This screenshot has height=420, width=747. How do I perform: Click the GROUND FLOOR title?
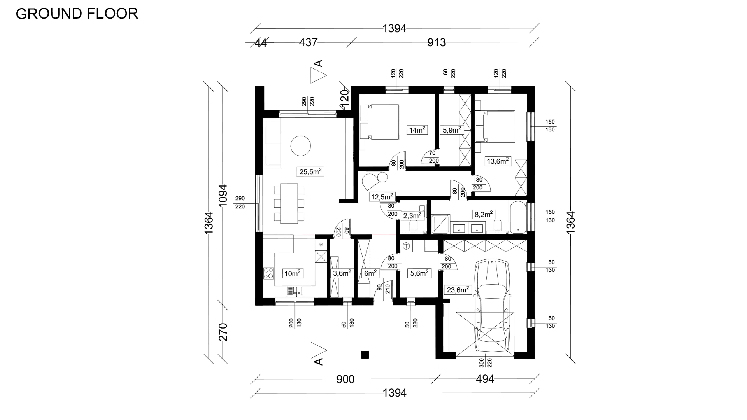point(77,14)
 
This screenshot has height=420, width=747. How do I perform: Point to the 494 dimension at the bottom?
point(485,379)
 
